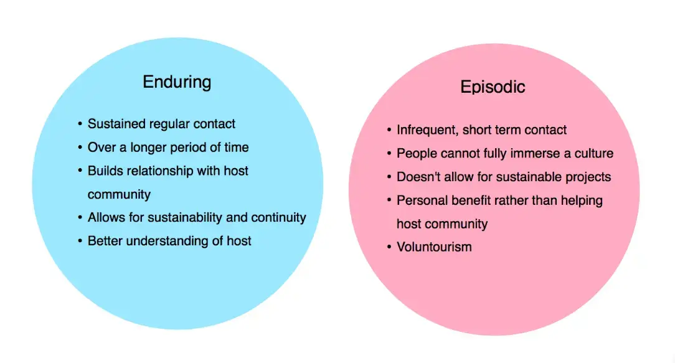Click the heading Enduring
(177, 82)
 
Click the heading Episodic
(493, 87)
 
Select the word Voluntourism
(434, 247)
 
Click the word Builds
(104, 171)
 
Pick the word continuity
(278, 217)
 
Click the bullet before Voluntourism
(389, 247)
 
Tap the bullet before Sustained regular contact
(80, 124)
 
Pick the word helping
(580, 200)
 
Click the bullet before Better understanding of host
(80, 241)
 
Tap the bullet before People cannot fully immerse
(389, 153)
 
